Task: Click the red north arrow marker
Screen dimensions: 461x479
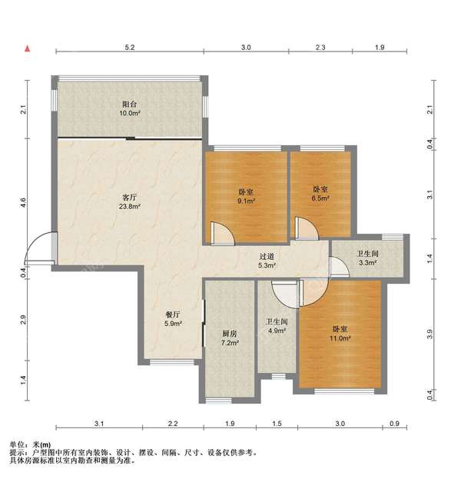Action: (28, 48)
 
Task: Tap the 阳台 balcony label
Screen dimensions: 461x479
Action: (129, 104)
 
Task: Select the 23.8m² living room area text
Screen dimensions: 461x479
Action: (129, 206)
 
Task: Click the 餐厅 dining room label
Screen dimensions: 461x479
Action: (173, 314)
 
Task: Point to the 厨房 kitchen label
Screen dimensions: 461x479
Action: (229, 334)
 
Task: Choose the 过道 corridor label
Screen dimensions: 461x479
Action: (267, 257)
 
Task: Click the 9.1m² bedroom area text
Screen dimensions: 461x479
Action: (246, 201)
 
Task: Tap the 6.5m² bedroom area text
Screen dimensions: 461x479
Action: (320, 198)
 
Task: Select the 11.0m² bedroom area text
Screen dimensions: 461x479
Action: (340, 338)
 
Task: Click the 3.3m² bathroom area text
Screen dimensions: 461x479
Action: (367, 262)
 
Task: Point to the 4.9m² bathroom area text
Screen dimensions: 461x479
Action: (277, 331)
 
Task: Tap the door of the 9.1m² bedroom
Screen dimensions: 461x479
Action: (223, 234)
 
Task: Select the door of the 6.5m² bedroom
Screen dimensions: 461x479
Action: (307, 228)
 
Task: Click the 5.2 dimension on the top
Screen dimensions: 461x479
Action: (129, 48)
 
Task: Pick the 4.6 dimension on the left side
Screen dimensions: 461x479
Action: (23, 202)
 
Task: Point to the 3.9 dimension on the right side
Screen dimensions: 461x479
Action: (429, 334)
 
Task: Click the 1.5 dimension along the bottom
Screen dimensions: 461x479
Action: (277, 424)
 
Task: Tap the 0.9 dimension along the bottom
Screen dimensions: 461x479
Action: (394, 424)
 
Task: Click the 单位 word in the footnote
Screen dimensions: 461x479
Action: (17, 444)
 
